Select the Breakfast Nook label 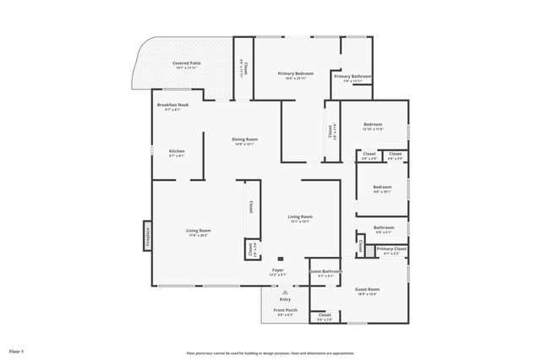coord(172,106)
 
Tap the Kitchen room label coord(177,153)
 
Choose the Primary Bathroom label coord(352,78)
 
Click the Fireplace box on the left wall coord(147,236)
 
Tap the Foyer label coord(277,271)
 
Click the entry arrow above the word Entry coord(273,292)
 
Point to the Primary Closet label coord(391,250)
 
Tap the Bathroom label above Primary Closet coord(384,228)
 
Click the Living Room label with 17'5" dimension coord(199,232)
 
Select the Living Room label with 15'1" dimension coord(300,218)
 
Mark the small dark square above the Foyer coord(280,259)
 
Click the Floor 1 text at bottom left coord(17,350)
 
